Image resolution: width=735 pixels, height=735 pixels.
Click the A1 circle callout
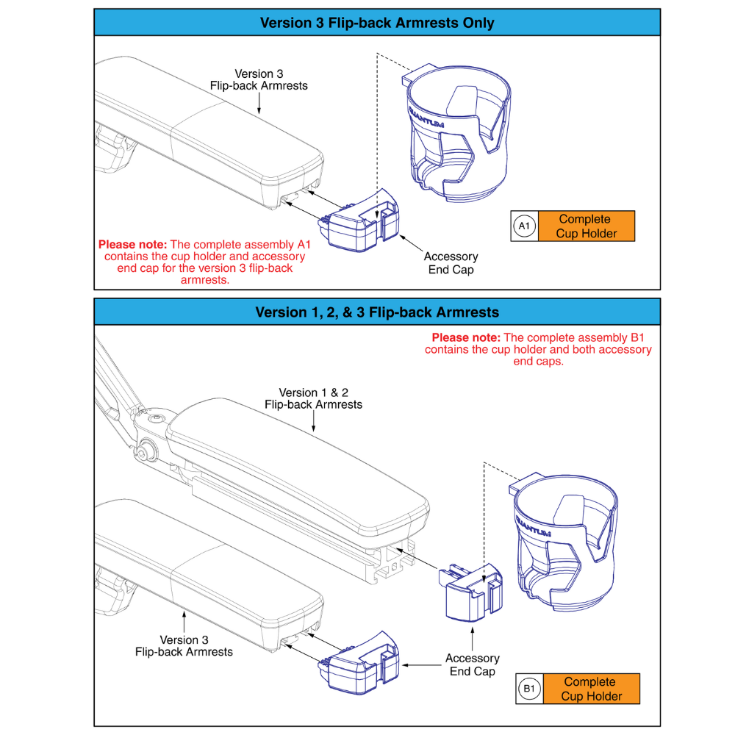pyautogui.click(x=524, y=226)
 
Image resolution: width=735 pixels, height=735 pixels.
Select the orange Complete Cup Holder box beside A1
pyautogui.click(x=585, y=226)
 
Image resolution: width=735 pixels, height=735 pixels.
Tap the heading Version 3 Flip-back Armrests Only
pyautogui.click(x=377, y=23)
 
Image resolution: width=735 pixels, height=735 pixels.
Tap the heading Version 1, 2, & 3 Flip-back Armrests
pyautogui.click(x=377, y=312)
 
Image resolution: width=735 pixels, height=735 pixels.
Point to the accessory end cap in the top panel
pyautogui.click(x=360, y=220)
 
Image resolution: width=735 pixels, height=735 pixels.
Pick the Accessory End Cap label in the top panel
pyautogui.click(x=451, y=263)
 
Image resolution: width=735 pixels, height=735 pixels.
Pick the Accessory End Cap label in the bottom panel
pyautogui.click(x=472, y=664)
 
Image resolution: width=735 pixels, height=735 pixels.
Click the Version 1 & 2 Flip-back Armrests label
pyautogui.click(x=314, y=398)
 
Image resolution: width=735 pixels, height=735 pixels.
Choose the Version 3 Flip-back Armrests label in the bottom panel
pyautogui.click(x=184, y=645)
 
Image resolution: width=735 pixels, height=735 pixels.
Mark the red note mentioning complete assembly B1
pyautogui.click(x=538, y=349)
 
